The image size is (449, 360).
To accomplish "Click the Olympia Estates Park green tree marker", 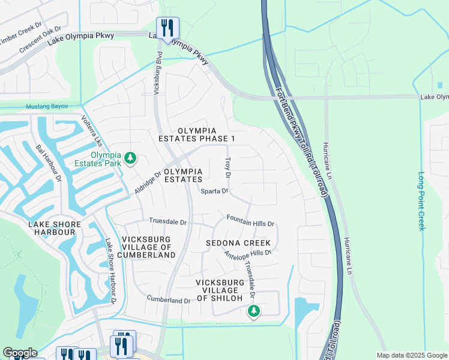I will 130,159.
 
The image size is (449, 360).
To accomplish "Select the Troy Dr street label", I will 228,168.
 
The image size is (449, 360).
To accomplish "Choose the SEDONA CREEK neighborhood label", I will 238,243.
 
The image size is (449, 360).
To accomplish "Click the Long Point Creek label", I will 421,202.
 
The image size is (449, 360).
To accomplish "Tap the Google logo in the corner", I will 20,353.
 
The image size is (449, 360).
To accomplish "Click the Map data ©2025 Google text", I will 411,355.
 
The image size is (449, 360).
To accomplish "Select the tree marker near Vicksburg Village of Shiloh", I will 254,311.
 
